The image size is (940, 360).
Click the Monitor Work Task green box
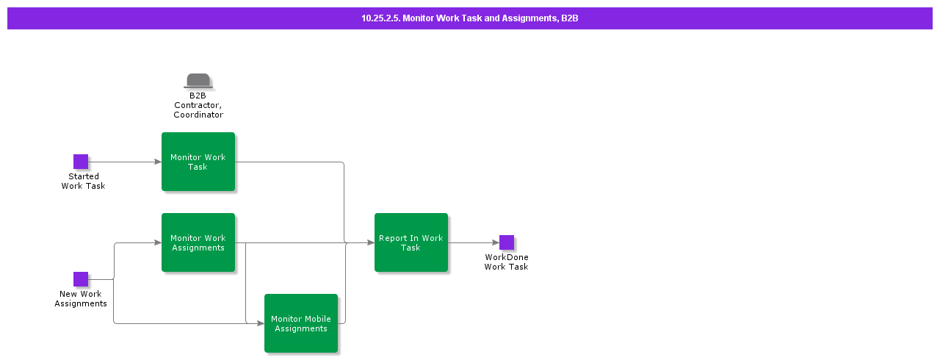pyautogui.click(x=198, y=162)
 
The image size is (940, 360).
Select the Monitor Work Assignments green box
pyautogui.click(x=198, y=242)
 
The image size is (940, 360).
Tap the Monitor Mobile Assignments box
pyautogui.click(x=301, y=323)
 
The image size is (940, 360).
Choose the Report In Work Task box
pyautogui.click(x=411, y=242)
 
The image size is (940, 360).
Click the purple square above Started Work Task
pyautogui.click(x=81, y=162)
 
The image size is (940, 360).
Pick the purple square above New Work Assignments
pyautogui.click(x=81, y=279)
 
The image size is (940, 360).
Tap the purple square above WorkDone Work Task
pyautogui.click(x=507, y=242)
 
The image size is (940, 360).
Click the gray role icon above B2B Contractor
pyautogui.click(x=198, y=81)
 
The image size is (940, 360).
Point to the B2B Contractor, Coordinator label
pyautogui.click(x=198, y=105)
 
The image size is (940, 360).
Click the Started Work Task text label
pyautogui.click(x=83, y=181)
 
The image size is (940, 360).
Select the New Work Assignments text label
pyautogui.click(x=81, y=299)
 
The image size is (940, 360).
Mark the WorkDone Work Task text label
pyautogui.click(x=506, y=262)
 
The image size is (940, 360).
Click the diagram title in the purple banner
pyautogui.click(x=470, y=18)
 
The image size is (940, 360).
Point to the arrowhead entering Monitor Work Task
pyautogui.click(x=157, y=162)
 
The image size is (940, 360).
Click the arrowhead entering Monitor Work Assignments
pyautogui.click(x=157, y=242)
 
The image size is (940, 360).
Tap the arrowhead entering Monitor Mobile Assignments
pyautogui.click(x=260, y=323)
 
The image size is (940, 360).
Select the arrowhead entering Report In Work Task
pyautogui.click(x=370, y=242)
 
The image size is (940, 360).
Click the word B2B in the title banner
pyautogui.click(x=570, y=18)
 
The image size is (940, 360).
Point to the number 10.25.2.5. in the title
pyautogui.click(x=380, y=18)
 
